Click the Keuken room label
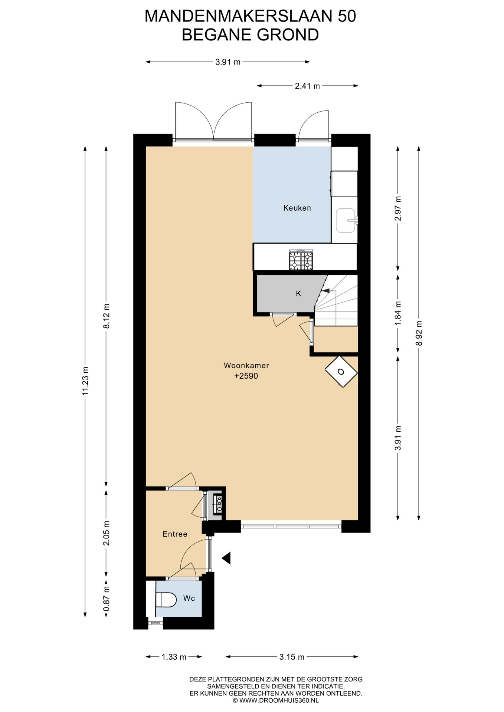pos(297,208)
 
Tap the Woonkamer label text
pos(246,366)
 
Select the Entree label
pos(175,534)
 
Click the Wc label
pos(189,598)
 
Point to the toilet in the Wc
pos(166,600)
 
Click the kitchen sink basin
pos(346,220)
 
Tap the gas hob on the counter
pos(301,260)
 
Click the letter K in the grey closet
pos(298,294)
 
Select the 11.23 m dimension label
pos(85,381)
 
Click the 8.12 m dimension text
pos(107,316)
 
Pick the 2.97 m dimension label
pos(398,208)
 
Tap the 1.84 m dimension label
pos(398,313)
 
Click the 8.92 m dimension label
pos(419,333)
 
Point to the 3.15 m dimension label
pos(292,657)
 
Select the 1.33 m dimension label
pos(174,657)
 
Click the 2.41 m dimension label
pos(307,86)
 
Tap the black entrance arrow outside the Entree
pos(226,558)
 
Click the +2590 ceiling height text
pos(246,376)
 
